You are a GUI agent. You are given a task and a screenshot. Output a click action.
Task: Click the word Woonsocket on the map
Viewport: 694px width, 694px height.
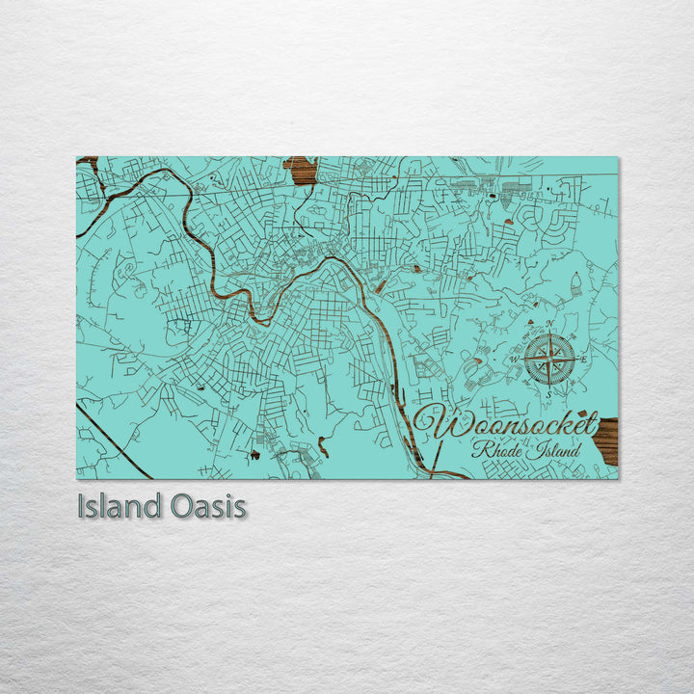pos(509,425)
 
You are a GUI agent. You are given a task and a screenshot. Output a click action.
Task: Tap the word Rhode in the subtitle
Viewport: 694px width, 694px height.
pos(493,450)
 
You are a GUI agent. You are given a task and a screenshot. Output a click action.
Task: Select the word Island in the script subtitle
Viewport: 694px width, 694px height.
pos(552,450)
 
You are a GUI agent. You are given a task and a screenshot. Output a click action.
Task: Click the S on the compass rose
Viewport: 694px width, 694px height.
pos(548,393)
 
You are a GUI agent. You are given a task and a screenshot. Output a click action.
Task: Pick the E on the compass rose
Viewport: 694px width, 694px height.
pos(583,360)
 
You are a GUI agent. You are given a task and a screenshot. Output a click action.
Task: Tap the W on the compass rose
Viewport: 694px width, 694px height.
pos(515,360)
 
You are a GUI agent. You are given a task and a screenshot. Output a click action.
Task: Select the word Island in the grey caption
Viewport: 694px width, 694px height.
pos(118,507)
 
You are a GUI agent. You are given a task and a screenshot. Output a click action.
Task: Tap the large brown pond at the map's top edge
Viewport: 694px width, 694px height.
pos(300,171)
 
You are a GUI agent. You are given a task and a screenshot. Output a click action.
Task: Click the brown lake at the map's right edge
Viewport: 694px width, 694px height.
pos(606,440)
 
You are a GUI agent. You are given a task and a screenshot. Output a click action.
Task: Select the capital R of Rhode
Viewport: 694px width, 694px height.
pos(476,450)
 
